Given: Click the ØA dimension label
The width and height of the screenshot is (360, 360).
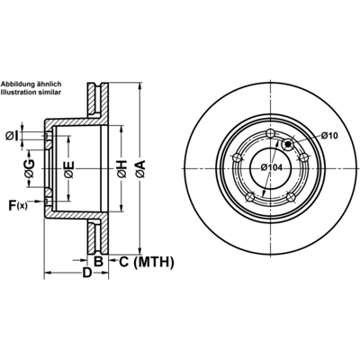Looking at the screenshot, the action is (x=140, y=168).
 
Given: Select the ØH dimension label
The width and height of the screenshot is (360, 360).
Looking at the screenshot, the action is (x=122, y=169).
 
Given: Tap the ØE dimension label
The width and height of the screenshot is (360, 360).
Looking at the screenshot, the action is (x=69, y=170).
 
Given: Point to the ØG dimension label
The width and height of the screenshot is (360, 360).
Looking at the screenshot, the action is (x=30, y=168).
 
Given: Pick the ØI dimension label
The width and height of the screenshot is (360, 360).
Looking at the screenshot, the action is (x=12, y=137).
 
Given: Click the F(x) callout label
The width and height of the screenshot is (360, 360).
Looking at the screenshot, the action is (x=18, y=205).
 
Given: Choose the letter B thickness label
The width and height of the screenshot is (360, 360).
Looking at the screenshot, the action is (x=98, y=262).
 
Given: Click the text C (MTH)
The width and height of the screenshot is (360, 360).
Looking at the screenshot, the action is (x=147, y=262).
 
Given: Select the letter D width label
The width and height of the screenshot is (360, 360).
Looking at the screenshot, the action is (x=86, y=273).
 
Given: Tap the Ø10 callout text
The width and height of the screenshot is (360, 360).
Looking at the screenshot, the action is (x=329, y=136).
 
